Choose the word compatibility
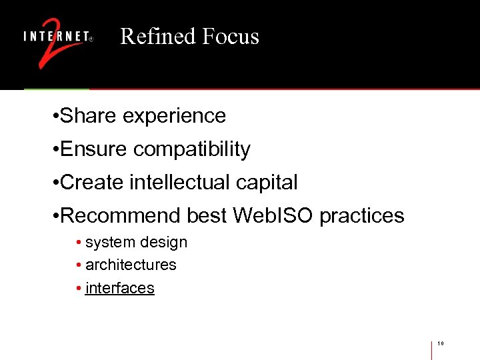click(192, 149)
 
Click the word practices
click(362, 216)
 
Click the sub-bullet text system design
click(136, 243)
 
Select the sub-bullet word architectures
click(131, 265)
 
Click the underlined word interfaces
click(120, 288)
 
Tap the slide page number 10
click(441, 344)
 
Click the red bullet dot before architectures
click(79, 265)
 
